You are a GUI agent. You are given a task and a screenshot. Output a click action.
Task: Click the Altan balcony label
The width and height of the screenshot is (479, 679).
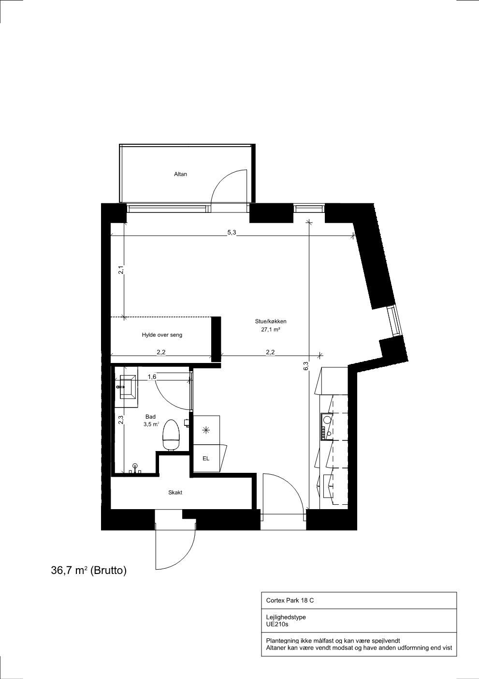coord(180,174)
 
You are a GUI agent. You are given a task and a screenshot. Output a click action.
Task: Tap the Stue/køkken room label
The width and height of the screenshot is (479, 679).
coord(271,322)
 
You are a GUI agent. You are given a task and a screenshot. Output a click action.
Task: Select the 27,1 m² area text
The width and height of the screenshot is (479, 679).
coord(271,330)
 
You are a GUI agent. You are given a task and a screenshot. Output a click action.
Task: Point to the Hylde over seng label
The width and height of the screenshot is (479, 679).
coord(162,335)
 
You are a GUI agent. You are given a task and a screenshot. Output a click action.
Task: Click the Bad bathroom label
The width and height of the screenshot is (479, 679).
coord(150,417)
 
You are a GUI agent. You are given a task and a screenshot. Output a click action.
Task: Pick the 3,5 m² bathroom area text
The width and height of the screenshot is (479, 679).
coord(151,424)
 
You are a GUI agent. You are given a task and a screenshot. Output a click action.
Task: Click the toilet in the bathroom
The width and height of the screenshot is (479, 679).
coord(172,435)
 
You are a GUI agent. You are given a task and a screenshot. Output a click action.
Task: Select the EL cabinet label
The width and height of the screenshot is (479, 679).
coord(206,459)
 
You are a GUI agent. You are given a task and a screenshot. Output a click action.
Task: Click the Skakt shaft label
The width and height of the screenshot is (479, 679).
coord(175,493)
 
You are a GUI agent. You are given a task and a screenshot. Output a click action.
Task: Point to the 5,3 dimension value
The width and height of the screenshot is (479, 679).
coord(232,232)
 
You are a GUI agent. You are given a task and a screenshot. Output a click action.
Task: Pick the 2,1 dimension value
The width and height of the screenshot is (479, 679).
coord(120,270)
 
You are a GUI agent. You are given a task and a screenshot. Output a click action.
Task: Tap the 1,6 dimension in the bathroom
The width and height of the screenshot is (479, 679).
coord(152,377)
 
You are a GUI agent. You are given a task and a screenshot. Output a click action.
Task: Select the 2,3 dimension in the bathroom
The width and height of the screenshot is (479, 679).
coord(121,420)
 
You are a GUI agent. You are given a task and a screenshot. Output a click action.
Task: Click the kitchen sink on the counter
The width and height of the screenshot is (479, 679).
coord(327,420)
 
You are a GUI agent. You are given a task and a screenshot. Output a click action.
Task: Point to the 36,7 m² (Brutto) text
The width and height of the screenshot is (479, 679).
coord(89,570)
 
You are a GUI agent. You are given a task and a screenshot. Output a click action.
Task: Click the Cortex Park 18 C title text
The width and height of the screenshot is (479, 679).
coord(290,600)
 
